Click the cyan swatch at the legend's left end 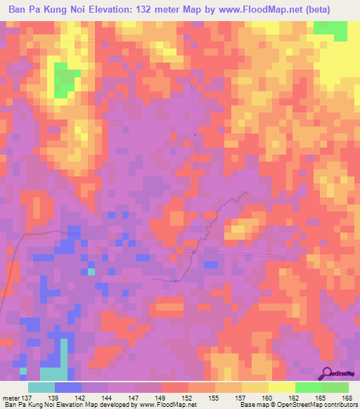click(41, 387)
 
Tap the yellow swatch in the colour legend click(281, 387)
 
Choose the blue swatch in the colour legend click(68, 387)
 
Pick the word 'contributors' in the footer click(337, 405)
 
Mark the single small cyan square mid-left click(91, 271)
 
